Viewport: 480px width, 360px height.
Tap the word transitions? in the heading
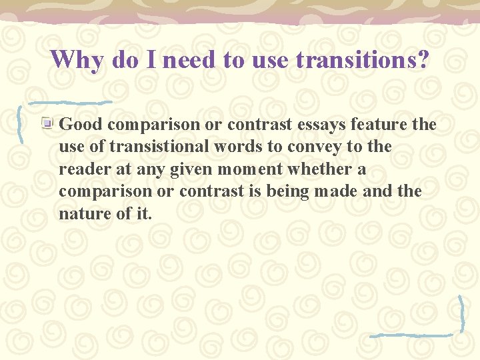point(363,60)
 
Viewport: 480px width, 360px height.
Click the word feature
point(379,125)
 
